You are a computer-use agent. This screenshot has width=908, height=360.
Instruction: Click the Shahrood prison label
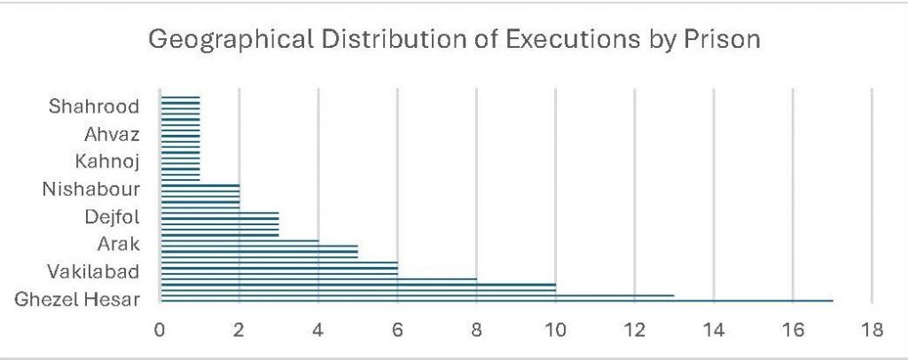95,107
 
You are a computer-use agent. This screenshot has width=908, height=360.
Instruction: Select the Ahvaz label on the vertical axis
113,135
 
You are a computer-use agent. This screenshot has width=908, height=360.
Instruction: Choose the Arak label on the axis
121,244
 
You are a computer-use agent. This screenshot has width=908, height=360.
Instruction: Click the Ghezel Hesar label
78,300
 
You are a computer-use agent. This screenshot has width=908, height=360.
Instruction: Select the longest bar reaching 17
497,301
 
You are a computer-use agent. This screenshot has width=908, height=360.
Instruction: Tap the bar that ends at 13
417,295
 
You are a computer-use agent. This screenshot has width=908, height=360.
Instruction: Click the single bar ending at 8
319,279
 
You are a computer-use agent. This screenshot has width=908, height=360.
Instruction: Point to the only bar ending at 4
239,240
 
